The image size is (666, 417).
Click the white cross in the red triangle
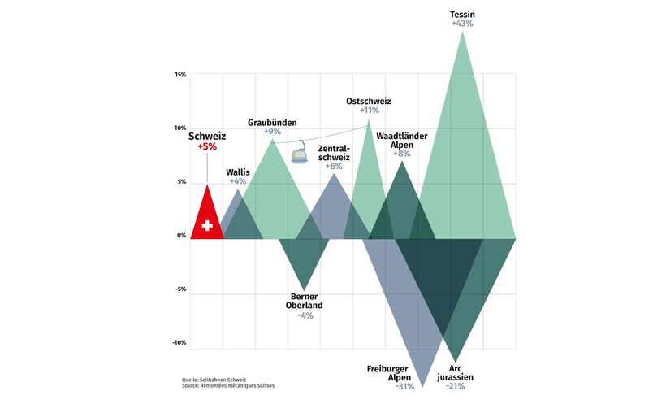tap(207, 225)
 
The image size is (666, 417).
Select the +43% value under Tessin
tap(462, 24)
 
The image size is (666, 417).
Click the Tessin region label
tap(462, 14)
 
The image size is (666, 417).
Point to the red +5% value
tap(207, 147)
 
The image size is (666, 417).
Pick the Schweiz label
tap(207, 136)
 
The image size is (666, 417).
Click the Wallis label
tap(238, 172)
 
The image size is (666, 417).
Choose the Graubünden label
tap(272, 121)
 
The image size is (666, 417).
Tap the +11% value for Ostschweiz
tap(369, 111)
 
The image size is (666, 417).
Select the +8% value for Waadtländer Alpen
tap(402, 154)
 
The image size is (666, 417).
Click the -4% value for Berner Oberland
tap(305, 315)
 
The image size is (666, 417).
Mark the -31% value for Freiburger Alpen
tap(404, 387)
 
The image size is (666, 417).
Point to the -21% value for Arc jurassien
tap(455, 387)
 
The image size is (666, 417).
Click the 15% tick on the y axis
tap(180, 75)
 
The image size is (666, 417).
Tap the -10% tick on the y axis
tap(179, 343)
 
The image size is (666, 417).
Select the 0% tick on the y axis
tap(181, 236)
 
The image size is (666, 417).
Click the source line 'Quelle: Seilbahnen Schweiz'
tap(214, 380)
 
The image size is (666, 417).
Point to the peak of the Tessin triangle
tap(463, 31)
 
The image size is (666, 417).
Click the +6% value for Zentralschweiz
tap(334, 167)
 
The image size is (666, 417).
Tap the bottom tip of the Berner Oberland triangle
tap(304, 290)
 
